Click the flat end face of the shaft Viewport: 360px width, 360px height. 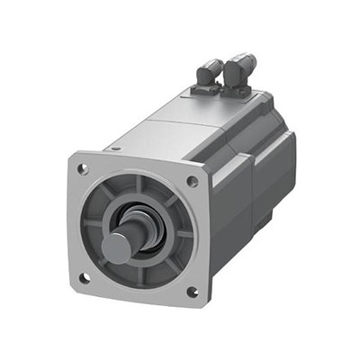tap(119, 247)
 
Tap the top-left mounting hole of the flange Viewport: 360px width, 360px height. tap(83, 168)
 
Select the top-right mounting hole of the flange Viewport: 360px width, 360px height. tap(192, 182)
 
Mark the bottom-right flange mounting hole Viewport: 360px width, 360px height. tap(191, 292)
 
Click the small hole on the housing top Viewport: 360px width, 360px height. tap(116, 144)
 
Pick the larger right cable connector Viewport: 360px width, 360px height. tap(240, 67)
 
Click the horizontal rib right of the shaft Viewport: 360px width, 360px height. tap(184, 235)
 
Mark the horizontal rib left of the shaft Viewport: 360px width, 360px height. tap(92, 224)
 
